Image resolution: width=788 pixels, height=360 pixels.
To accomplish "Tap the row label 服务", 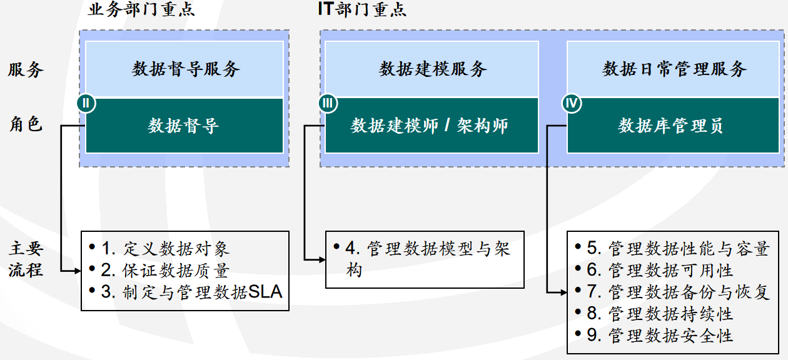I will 26,69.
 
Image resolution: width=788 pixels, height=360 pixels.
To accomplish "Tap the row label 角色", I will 26,124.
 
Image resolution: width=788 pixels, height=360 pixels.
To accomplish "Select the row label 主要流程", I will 26,260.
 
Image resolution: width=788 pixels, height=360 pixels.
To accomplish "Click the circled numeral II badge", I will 86,102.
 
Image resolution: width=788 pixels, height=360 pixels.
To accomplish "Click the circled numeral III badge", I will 327,102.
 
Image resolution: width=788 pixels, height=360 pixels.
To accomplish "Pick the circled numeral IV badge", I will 570,102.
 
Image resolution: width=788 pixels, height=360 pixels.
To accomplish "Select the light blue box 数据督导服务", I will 186,69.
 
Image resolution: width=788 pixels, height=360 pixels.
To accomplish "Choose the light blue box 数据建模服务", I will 432,69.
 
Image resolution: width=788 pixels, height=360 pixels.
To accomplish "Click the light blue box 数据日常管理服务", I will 674,69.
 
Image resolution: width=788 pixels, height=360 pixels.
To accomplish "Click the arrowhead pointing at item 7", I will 563,292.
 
